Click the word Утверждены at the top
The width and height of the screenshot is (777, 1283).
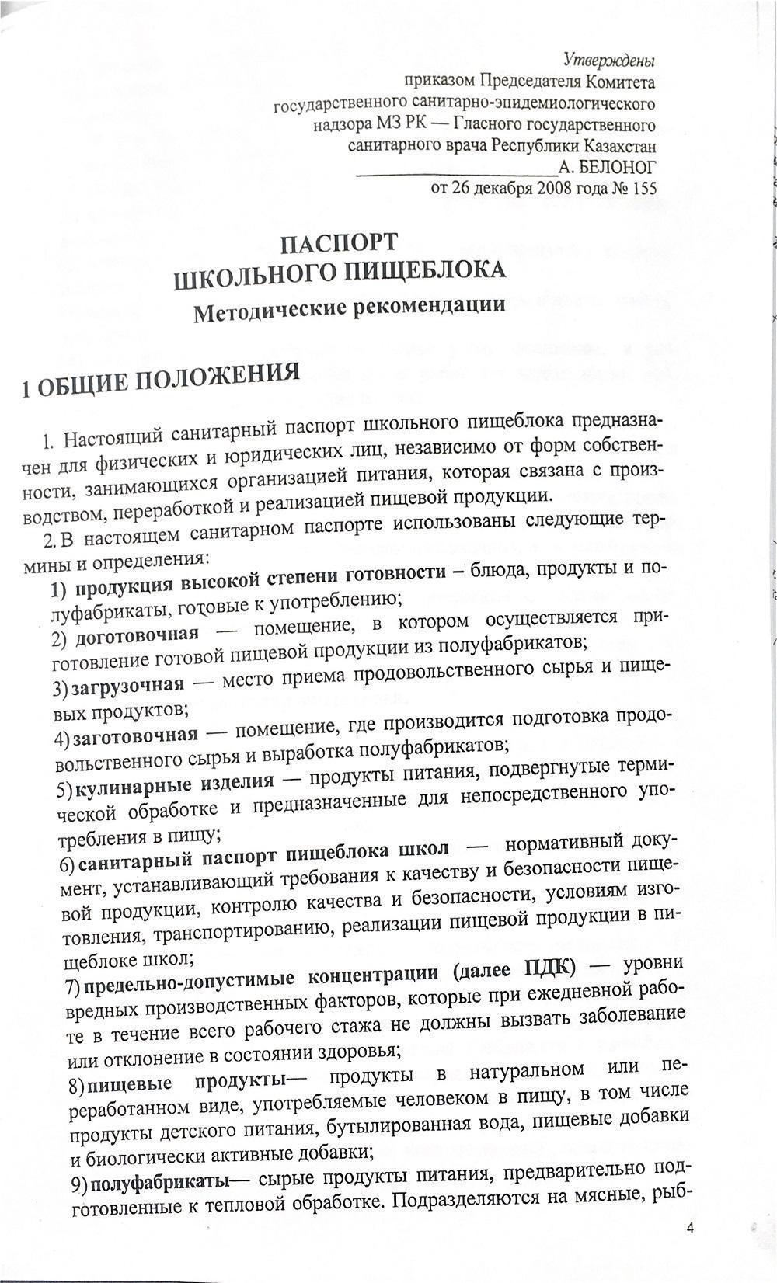608,60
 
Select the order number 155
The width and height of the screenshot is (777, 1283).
644,188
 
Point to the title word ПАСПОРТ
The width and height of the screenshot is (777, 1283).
340,243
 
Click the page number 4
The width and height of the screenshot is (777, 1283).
690,1228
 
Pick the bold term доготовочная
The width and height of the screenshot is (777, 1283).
137,635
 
